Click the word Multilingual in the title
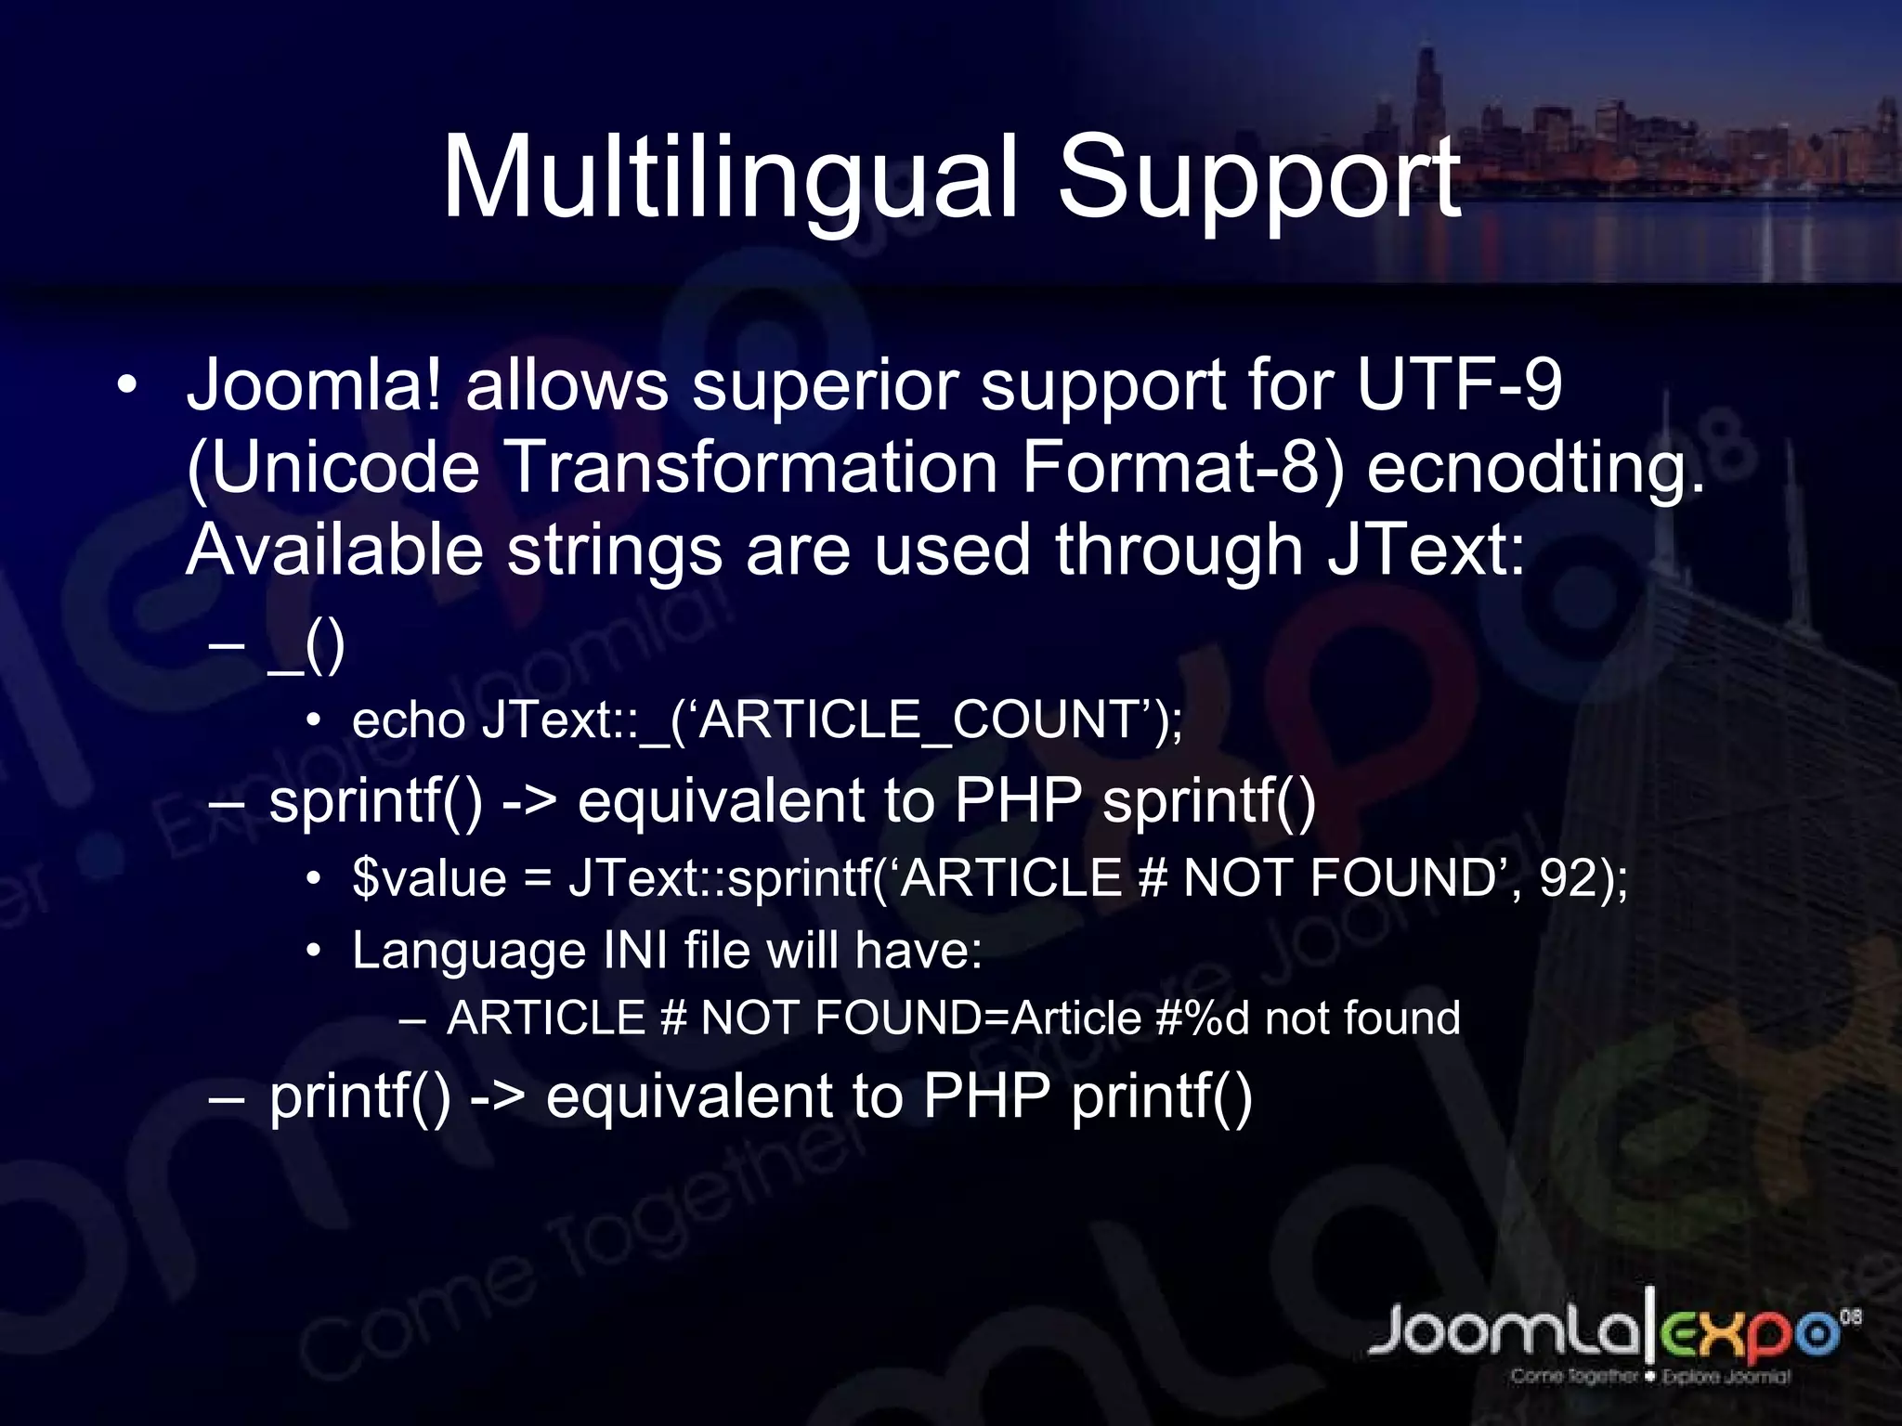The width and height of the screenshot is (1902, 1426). [x=730, y=178]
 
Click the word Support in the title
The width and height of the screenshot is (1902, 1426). [x=1259, y=178]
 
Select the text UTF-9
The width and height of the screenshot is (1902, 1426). [x=1459, y=384]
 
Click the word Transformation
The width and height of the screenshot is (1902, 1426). [x=750, y=467]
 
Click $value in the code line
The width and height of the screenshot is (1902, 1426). [x=429, y=877]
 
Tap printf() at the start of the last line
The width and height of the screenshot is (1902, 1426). [x=360, y=1096]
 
